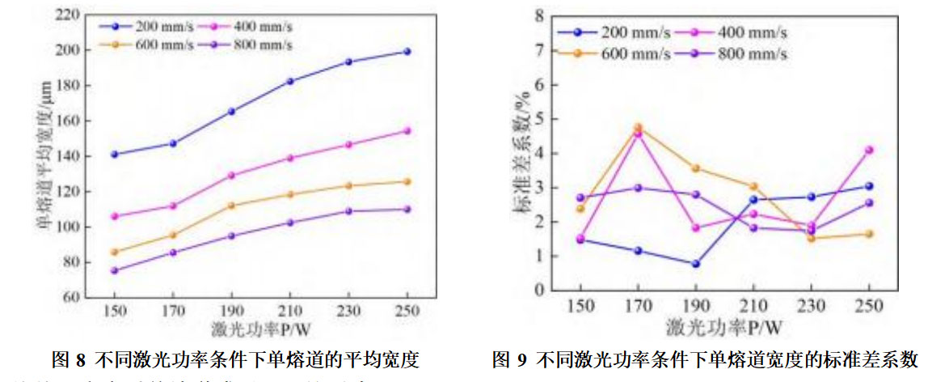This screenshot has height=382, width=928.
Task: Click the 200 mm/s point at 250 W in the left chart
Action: click(x=407, y=51)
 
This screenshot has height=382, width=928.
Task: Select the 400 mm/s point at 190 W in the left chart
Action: click(x=231, y=175)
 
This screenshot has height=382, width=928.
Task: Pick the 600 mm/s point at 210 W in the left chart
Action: click(x=289, y=194)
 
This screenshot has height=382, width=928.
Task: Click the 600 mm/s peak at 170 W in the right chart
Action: click(x=638, y=127)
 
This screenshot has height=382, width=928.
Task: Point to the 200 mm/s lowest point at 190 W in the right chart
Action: click(x=695, y=264)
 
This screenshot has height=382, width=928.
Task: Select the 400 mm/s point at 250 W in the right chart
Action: click(x=869, y=150)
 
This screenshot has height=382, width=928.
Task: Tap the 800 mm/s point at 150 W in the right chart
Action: click(x=580, y=197)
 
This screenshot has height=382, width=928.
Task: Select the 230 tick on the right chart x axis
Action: click(x=811, y=308)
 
